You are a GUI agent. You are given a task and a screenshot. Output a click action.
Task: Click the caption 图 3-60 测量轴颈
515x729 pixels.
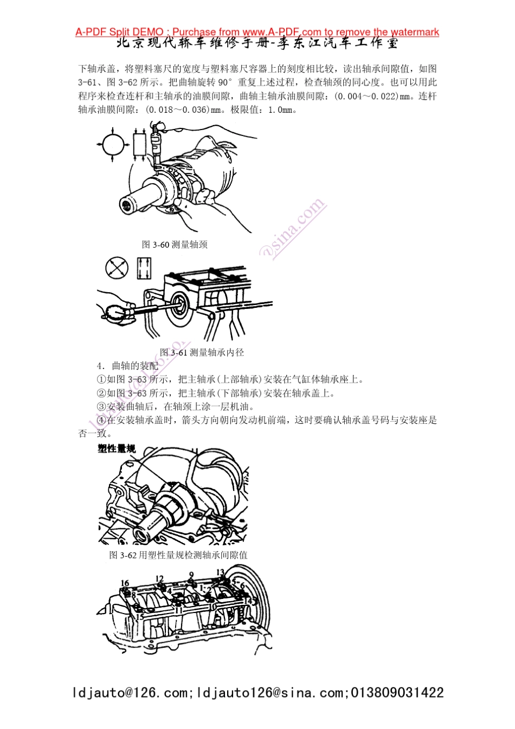pos(175,244)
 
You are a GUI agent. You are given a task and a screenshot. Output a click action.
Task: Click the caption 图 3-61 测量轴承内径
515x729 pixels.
pos(202,352)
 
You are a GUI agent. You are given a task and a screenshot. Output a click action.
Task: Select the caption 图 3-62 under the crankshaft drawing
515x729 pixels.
pos(178,555)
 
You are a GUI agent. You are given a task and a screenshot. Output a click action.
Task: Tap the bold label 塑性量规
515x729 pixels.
pos(116,449)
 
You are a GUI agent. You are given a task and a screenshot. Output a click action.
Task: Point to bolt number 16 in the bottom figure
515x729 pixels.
pos(125,584)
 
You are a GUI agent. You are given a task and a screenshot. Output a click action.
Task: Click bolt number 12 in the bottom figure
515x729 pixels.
pos(159,579)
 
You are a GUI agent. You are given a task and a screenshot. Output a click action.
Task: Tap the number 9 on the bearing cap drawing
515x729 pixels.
pos(191,575)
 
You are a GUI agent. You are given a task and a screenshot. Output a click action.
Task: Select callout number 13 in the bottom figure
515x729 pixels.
pos(220,572)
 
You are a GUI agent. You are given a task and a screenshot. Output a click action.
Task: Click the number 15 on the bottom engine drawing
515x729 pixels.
pos(139,617)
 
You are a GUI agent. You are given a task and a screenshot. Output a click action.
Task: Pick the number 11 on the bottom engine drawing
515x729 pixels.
pos(178,610)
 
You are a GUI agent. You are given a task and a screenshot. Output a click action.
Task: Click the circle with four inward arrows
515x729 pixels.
pos(113,145)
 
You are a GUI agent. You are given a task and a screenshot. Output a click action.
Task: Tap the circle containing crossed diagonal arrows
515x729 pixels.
pos(117,268)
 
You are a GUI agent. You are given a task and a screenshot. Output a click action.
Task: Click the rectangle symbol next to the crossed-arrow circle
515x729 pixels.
pos(144,268)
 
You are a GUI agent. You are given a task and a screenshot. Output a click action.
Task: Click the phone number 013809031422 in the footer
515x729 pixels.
pos(397,693)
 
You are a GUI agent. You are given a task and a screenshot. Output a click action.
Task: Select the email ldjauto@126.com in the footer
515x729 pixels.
pos(130,693)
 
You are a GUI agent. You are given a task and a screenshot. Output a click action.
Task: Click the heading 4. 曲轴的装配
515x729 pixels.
pos(127,366)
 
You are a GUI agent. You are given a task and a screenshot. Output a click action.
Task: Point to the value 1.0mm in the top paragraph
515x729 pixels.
pos(281,109)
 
